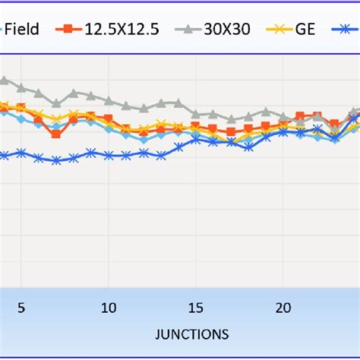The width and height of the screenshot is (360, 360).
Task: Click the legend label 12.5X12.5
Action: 121,30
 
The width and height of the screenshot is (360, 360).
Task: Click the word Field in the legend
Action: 22,30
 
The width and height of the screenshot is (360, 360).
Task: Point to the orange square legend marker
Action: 71,30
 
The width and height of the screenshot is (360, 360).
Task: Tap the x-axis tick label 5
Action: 21,308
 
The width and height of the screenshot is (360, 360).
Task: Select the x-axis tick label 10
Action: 109,308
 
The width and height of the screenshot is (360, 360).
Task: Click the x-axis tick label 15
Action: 196,308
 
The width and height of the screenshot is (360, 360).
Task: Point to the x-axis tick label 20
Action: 283,308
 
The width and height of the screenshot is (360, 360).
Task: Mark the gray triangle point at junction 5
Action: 21,88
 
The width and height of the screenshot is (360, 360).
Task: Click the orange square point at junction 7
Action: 56,134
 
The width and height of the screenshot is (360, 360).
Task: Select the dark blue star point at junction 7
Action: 56,160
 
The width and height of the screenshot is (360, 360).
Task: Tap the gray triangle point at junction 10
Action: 109,101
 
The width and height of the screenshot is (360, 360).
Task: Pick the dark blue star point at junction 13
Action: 161,156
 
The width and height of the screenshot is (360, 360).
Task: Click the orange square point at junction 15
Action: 196,126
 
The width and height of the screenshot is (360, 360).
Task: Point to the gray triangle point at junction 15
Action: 196,114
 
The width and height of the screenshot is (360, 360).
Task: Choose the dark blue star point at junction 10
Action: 109,155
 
